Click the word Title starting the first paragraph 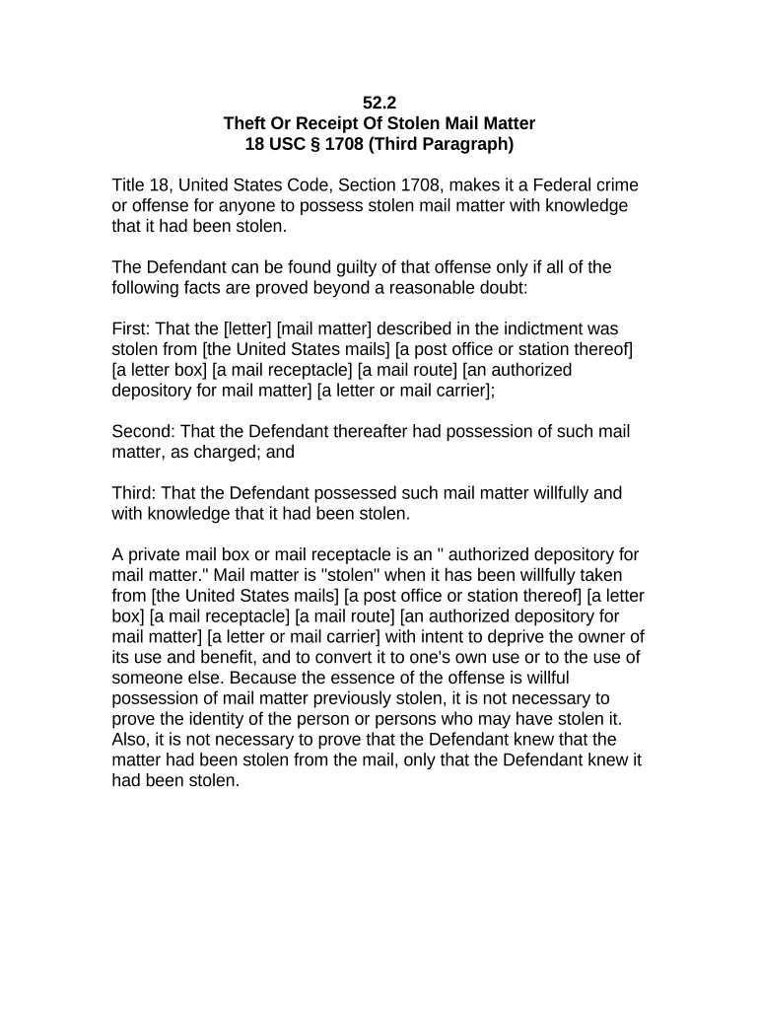point(130,184)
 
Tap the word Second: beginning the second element point(144,431)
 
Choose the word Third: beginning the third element point(135,492)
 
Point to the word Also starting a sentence point(131,739)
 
